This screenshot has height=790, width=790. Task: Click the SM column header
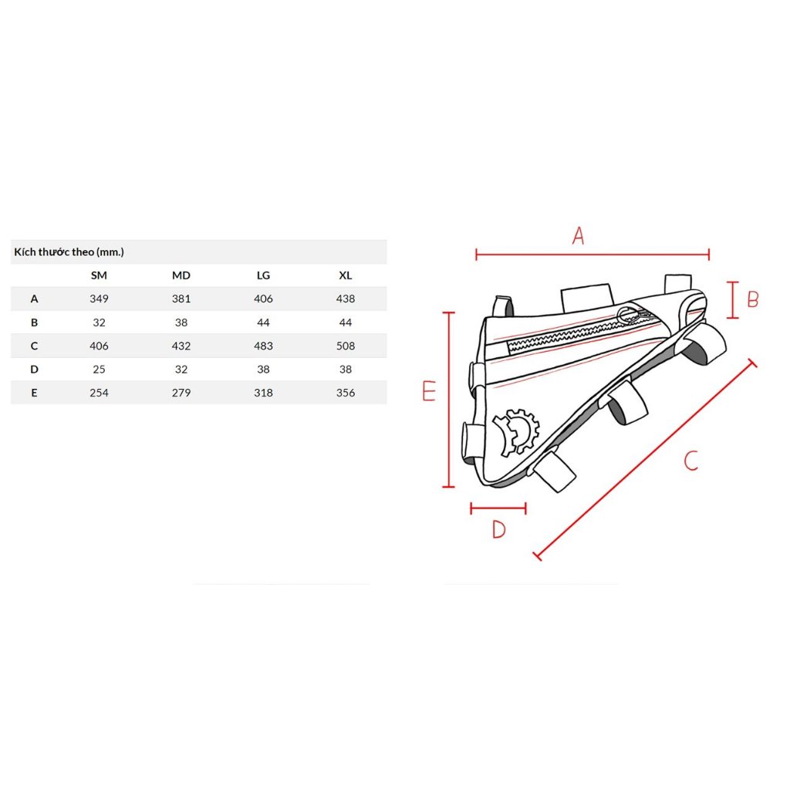click(x=99, y=275)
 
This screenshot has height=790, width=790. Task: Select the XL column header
click(x=345, y=275)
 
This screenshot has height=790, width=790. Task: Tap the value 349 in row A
click(x=99, y=299)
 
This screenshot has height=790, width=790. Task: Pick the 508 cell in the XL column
click(x=345, y=346)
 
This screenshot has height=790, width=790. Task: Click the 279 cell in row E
click(x=181, y=393)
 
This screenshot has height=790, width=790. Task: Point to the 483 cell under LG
click(x=263, y=346)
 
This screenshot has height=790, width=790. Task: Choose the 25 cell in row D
click(x=99, y=370)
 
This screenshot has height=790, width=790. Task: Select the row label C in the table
click(x=34, y=346)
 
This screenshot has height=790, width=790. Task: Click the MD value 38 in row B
click(x=181, y=322)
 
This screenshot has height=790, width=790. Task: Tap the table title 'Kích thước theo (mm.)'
click(x=69, y=252)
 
